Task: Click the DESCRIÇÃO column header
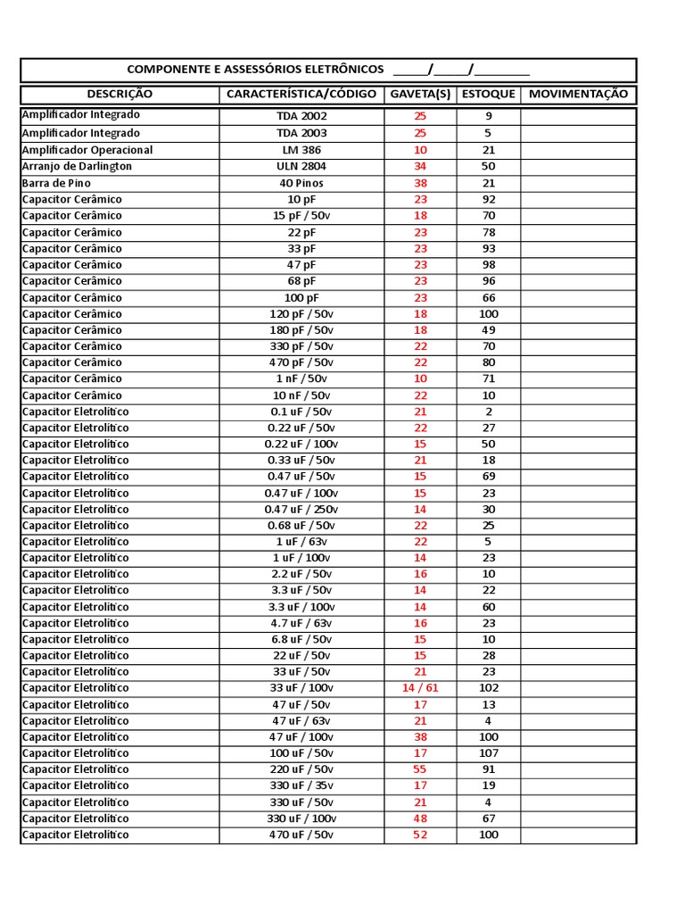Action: (120, 94)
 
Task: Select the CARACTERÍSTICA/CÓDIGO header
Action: (301, 94)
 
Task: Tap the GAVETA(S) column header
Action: (420, 94)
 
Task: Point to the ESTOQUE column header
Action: (488, 94)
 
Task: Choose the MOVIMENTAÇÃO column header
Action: (578, 94)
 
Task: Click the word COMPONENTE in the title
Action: (166, 70)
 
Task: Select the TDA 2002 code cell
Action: (301, 116)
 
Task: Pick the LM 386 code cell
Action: (301, 150)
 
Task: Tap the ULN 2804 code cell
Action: (301, 166)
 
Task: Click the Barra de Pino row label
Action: (56, 182)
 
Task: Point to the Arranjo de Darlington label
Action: (77, 166)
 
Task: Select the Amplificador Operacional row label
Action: (87, 150)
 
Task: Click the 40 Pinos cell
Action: (301, 183)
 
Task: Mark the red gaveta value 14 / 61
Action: (420, 688)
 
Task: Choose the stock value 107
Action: (488, 753)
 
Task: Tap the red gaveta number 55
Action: (420, 769)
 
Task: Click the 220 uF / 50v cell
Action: (301, 769)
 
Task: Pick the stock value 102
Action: (488, 688)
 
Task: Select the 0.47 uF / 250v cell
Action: (301, 509)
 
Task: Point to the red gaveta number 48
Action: (420, 818)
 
